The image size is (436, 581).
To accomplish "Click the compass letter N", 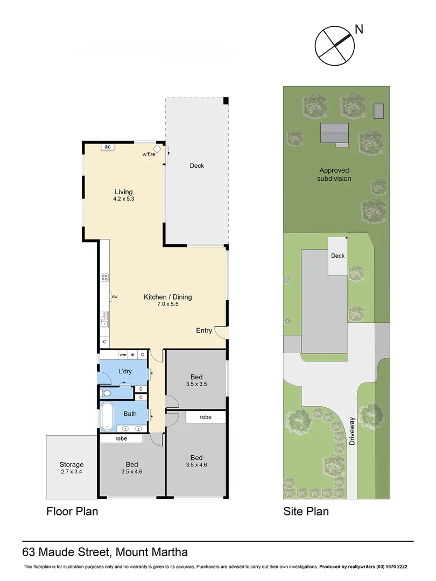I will click(x=359, y=29).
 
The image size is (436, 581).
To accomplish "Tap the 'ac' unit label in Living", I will click(x=107, y=147).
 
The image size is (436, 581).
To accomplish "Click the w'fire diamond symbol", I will click(x=157, y=148).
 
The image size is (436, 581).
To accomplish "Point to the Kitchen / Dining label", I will click(x=167, y=297).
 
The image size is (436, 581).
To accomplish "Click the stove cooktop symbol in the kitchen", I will click(x=104, y=278).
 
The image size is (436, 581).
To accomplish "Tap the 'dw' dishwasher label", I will click(x=115, y=296).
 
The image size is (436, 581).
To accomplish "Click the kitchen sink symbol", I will click(x=104, y=320).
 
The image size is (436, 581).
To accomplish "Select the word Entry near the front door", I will click(x=204, y=330).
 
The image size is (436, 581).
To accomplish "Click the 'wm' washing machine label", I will click(x=123, y=355).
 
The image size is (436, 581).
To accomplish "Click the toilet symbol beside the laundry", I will click(x=107, y=394).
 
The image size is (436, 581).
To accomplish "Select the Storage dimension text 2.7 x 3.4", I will click(x=72, y=472).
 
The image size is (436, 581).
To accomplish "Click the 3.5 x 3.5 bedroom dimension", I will click(x=196, y=384).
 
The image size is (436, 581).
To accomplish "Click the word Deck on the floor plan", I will click(x=197, y=166).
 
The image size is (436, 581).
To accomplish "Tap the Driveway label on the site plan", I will click(x=352, y=431).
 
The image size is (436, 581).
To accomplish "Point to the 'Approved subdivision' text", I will click(x=334, y=174).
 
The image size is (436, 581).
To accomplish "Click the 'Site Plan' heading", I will click(x=306, y=511).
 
